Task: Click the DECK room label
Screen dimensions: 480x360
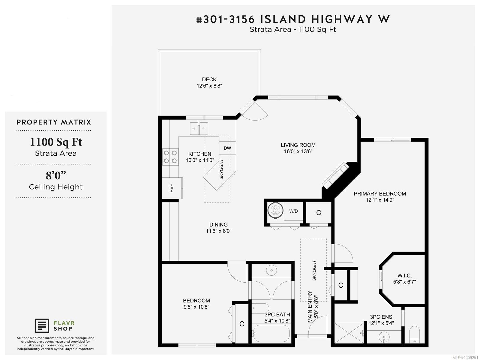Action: click(209, 79)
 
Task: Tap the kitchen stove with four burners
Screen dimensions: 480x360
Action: click(170, 157)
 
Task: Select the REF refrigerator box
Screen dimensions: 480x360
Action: click(172, 188)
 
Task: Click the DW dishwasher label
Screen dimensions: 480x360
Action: click(227, 148)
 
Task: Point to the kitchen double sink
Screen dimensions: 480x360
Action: click(199, 128)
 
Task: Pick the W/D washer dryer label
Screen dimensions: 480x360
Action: click(293, 211)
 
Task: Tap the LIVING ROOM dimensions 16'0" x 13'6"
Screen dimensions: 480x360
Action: click(298, 151)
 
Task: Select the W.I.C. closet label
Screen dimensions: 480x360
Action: click(404, 276)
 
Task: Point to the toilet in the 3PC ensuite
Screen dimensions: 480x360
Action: click(414, 334)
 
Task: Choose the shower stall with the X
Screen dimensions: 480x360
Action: click(349, 333)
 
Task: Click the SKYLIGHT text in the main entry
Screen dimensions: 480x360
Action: click(314, 270)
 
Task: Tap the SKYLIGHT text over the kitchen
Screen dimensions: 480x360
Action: click(221, 169)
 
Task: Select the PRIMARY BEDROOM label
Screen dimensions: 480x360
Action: click(379, 194)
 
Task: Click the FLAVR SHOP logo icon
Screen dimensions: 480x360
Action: click(42, 326)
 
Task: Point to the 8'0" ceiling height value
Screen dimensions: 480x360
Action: click(56, 175)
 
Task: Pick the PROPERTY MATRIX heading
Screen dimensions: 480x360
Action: click(54, 122)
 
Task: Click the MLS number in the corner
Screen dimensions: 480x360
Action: click(465, 358)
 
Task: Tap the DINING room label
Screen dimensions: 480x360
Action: click(218, 224)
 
